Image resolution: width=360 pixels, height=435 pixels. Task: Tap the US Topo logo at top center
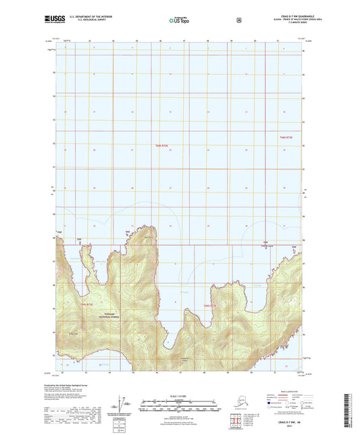[179, 21]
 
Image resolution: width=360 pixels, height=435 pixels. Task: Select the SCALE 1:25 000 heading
[179, 394]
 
